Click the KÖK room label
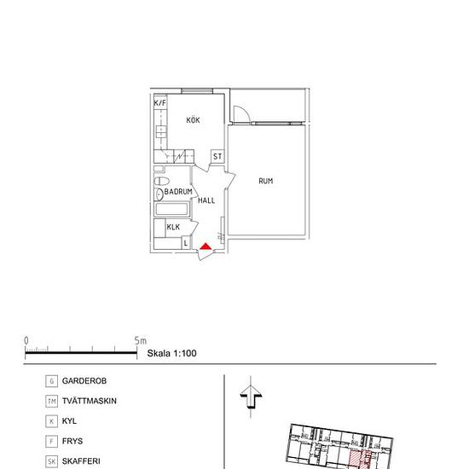pyautogui.click(x=194, y=121)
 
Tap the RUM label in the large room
pyautogui.click(x=266, y=181)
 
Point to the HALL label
pyautogui.click(x=206, y=200)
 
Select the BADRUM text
pyautogui.click(x=178, y=192)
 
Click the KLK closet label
pyautogui.click(x=173, y=227)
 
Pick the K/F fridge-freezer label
pyautogui.click(x=159, y=102)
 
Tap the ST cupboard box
pyautogui.click(x=217, y=157)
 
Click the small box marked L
pyautogui.click(x=187, y=243)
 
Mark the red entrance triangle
pyautogui.click(x=206, y=248)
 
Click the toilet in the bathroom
pyautogui.click(x=160, y=182)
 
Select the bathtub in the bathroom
pyautogui.click(x=175, y=209)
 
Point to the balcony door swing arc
pyautogui.click(x=241, y=112)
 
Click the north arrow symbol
pyautogui.click(x=250, y=396)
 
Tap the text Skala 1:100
pyautogui.click(x=172, y=351)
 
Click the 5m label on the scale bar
pyautogui.click(x=140, y=340)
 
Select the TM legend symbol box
pyautogui.click(x=52, y=402)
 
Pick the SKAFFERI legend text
pyautogui.click(x=81, y=461)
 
